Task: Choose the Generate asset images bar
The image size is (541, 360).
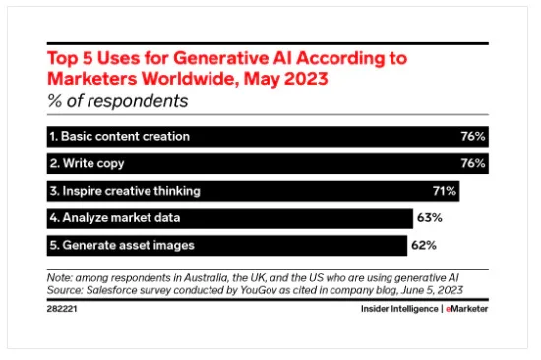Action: [225, 245]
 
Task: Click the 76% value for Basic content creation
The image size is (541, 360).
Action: [473, 136]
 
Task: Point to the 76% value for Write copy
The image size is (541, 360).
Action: [473, 163]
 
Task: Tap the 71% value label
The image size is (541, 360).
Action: [445, 190]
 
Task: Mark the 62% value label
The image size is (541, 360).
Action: [424, 245]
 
